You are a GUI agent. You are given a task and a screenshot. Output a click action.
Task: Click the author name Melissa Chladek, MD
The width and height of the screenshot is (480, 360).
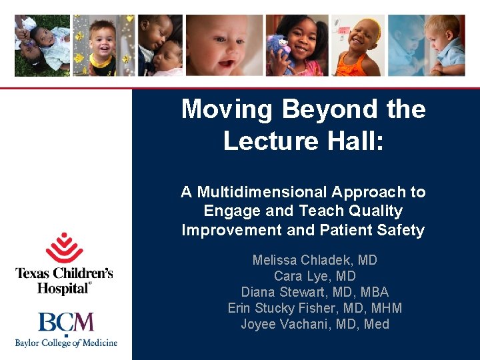(315, 260)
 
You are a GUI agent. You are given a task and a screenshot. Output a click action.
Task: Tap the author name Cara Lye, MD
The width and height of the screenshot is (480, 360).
(315, 276)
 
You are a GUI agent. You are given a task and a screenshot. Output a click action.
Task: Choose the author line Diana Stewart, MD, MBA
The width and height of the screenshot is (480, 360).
(315, 292)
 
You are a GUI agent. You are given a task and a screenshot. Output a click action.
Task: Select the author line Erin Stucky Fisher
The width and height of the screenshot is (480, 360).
(293, 308)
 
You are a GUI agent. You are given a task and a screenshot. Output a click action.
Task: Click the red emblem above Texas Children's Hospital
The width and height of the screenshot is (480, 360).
(64, 248)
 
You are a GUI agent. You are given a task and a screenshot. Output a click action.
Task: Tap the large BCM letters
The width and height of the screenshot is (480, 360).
(66, 323)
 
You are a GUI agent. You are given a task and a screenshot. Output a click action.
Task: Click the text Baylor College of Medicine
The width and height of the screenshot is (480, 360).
(66, 343)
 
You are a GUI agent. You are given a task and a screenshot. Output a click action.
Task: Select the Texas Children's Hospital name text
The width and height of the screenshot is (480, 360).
(64, 281)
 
